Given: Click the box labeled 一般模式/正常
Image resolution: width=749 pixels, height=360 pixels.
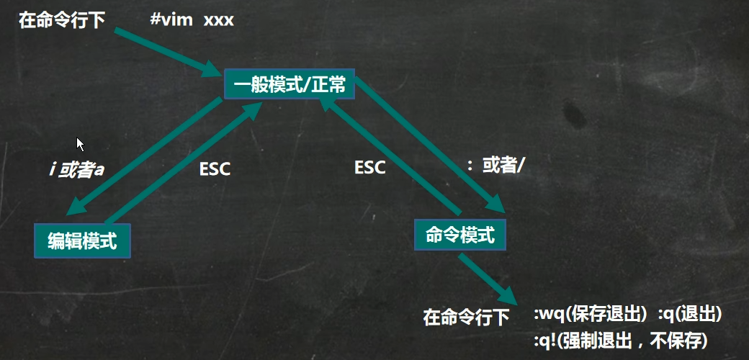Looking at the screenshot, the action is [290, 85].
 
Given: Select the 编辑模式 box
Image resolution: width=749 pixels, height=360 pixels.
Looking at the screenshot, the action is [83, 239].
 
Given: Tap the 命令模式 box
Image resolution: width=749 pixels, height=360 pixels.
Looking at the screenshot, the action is [460, 234].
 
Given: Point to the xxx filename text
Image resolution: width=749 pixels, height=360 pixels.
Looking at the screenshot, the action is [219, 19].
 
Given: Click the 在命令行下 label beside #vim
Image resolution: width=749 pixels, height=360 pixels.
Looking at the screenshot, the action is [62, 19].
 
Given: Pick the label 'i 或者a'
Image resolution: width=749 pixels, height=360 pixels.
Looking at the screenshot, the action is [76, 170].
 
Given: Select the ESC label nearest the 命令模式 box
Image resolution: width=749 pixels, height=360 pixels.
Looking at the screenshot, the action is [370, 167].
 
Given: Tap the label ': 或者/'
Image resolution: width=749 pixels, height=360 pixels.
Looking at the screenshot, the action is [496, 166].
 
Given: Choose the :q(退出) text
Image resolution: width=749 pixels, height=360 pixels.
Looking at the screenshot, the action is [689, 315].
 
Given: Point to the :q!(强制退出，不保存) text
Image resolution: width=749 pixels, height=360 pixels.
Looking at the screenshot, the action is [619, 338].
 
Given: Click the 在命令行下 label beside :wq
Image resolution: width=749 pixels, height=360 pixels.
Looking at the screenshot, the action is [467, 316].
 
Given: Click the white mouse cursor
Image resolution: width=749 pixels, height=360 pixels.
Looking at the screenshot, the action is [80, 143].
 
